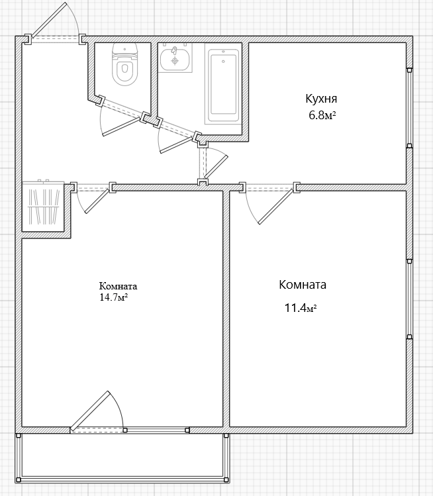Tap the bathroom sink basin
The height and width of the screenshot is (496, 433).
pyautogui.click(x=175, y=59)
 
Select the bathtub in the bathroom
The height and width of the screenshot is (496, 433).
pyautogui.click(x=223, y=84)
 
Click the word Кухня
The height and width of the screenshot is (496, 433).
pyautogui.click(x=321, y=99)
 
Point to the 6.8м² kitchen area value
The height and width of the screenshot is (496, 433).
pyautogui.click(x=322, y=115)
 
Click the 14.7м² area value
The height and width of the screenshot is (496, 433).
pyautogui.click(x=114, y=297)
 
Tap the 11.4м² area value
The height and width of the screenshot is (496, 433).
pyautogui.click(x=301, y=308)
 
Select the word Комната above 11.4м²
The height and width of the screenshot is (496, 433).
pyautogui.click(x=303, y=285)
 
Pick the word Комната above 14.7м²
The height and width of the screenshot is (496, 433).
pyautogui.click(x=118, y=286)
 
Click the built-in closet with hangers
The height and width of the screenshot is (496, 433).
pyautogui.click(x=43, y=206)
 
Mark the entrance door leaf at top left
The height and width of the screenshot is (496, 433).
pyautogui.click(x=49, y=19)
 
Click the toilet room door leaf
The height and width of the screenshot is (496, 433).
pyautogui.click(x=121, y=127)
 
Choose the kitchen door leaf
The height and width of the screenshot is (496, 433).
pyautogui.click(x=216, y=166)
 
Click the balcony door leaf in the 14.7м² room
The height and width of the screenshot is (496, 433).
pyautogui.click(x=89, y=411)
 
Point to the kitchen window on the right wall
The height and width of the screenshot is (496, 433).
pyautogui.click(x=410, y=108)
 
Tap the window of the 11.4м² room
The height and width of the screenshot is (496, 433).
pyautogui.click(x=410, y=299)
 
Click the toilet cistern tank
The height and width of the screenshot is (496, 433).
pyautogui.click(x=125, y=50)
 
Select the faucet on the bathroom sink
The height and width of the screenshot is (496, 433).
pyautogui.click(x=174, y=50)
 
